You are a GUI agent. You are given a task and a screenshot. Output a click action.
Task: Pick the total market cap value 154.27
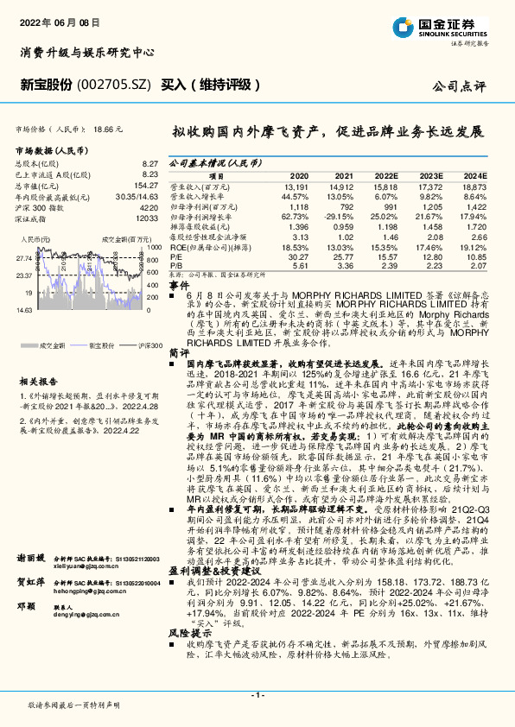[x=148, y=186]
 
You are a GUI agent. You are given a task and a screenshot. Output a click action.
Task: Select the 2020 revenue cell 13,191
[x=296, y=186]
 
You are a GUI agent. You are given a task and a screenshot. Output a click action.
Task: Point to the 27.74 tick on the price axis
[x=23, y=257]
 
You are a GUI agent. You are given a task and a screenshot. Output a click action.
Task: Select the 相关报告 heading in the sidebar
[x=37, y=378]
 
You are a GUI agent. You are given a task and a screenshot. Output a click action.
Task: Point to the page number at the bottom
[x=257, y=696]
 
